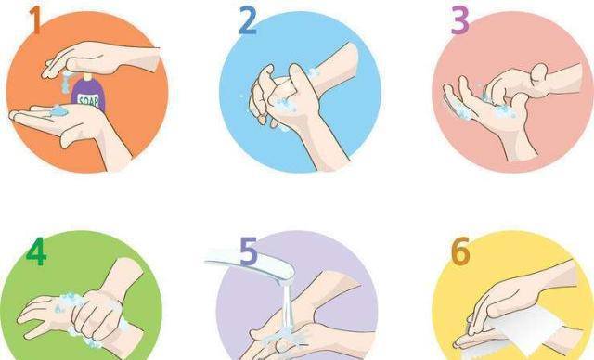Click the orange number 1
[x=35, y=20]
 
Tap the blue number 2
[x=248, y=20]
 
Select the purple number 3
[x=460, y=20]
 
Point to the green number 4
[x=36, y=251]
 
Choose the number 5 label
[x=250, y=251]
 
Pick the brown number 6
[x=460, y=251]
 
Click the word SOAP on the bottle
[x=88, y=101]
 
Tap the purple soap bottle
[x=88, y=93]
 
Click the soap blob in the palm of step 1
[x=58, y=110]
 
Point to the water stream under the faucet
[x=288, y=306]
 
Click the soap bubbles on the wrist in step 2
[x=313, y=72]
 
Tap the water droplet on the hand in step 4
[x=58, y=310]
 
